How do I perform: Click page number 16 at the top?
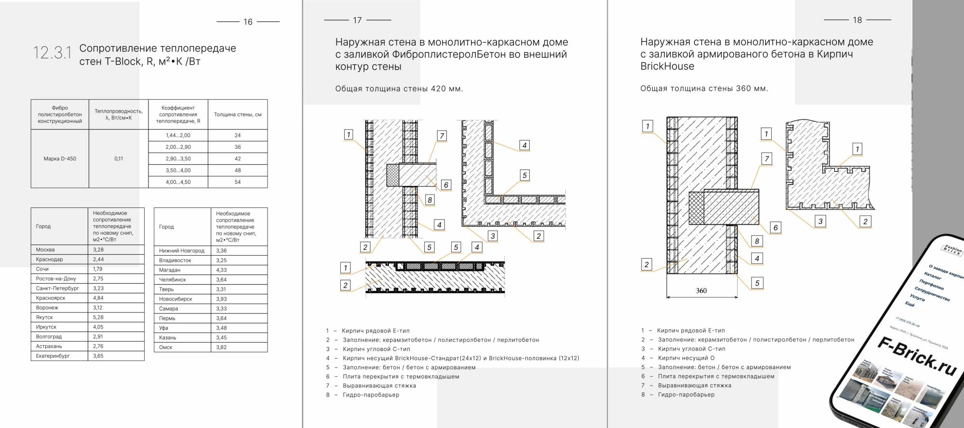click(248, 22)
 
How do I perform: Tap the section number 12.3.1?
click(52, 53)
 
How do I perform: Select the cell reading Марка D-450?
click(60, 158)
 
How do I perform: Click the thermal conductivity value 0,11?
click(119, 158)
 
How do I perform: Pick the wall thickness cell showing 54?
click(238, 182)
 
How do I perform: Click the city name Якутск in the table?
click(44, 317)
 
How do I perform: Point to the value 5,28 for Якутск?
click(98, 317)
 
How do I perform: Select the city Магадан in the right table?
click(170, 270)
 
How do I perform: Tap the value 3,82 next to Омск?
click(221, 347)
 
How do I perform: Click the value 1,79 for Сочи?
click(98, 269)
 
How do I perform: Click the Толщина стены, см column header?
click(238, 115)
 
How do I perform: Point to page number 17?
click(357, 20)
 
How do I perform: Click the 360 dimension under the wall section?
click(701, 290)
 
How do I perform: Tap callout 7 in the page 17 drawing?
click(442, 136)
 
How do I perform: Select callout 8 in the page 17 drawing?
click(429, 199)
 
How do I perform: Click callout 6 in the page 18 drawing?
click(775, 228)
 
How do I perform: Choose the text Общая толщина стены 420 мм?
click(399, 89)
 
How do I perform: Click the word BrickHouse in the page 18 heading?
click(667, 66)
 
